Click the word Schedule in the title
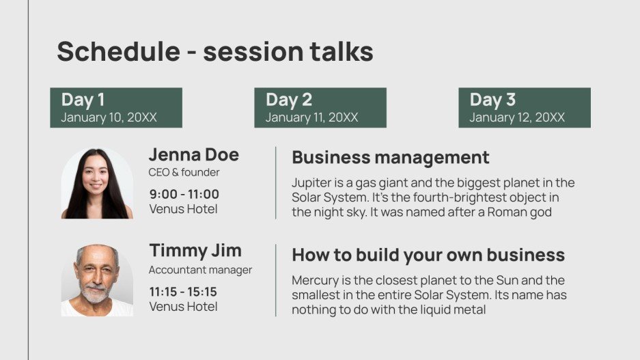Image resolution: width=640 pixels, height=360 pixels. tap(118, 51)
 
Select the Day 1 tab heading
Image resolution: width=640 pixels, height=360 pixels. tap(83, 99)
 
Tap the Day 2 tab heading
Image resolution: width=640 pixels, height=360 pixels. tap(289, 99)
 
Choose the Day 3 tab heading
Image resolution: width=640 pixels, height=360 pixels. tap(492, 99)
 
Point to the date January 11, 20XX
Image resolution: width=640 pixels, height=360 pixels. tap(312, 117)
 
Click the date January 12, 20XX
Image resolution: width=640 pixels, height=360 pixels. tap(517, 117)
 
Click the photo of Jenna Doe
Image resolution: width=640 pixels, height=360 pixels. tap(97, 183)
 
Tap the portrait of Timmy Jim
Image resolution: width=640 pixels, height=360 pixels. tap(97, 280)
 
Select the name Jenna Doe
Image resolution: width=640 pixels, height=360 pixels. tap(194, 154)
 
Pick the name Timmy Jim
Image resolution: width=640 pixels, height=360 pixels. tap(195, 250)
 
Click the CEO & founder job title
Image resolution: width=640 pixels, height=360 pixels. tap(184, 172)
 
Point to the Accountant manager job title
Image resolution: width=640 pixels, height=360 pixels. tap(200, 270)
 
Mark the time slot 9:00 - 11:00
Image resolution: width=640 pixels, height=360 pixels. tap(184, 194)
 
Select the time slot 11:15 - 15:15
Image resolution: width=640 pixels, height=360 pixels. tap(183, 292)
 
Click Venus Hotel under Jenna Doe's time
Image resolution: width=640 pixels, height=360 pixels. tap(183, 209)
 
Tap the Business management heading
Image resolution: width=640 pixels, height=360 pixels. tap(391, 158)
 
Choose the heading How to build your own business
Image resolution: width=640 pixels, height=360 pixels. tap(428, 255)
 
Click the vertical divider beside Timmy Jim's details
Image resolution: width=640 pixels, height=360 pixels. tap(276, 280)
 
